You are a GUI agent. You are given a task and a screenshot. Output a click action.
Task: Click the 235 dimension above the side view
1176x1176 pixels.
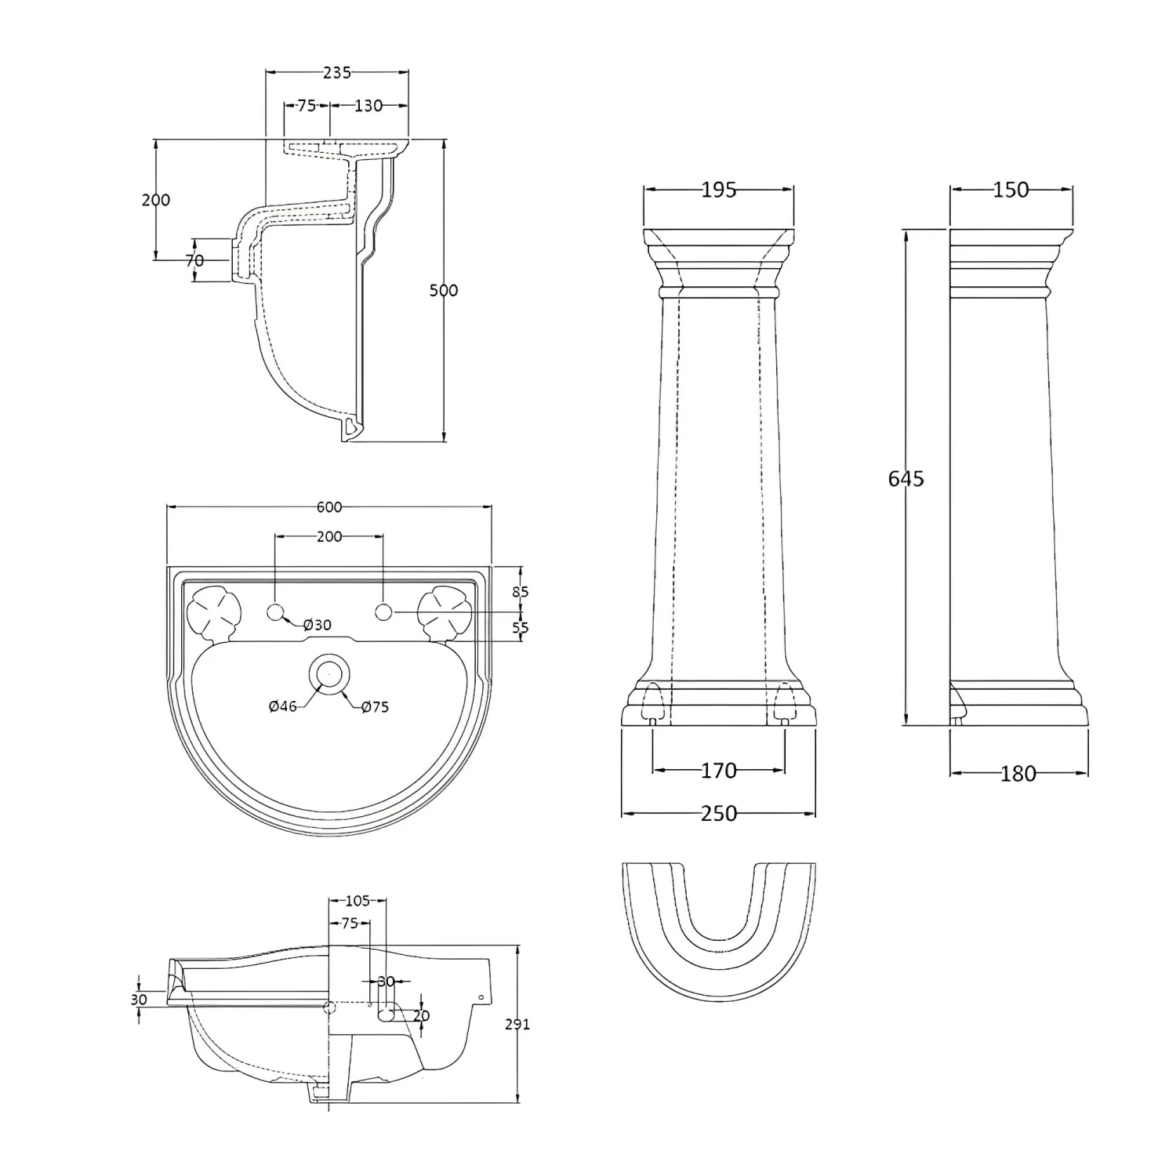click(337, 73)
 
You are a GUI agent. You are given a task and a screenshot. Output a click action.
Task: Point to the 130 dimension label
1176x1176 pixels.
click(368, 105)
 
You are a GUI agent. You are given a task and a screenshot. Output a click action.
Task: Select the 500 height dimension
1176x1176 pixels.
click(444, 290)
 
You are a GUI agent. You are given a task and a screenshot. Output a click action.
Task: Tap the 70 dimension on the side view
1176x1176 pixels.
click(194, 260)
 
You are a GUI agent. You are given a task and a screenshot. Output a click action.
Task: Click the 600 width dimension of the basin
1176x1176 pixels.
click(329, 507)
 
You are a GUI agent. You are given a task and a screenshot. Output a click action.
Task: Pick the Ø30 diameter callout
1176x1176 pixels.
click(317, 625)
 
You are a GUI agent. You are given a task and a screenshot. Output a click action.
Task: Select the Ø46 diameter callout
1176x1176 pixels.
click(282, 706)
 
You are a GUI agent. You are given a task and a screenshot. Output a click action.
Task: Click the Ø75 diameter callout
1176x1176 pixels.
click(375, 707)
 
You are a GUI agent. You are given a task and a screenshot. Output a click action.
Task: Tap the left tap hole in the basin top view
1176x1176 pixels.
click(275, 612)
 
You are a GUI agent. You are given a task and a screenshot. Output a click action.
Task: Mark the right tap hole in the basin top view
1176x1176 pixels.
click(383, 612)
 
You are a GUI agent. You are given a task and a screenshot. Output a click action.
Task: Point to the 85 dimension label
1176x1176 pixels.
click(521, 592)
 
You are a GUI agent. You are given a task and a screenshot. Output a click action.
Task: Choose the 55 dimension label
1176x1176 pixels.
click(521, 627)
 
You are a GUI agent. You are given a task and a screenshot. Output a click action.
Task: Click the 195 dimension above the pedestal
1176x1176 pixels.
click(719, 190)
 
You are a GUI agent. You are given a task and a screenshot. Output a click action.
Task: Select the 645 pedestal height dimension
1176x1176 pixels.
click(906, 478)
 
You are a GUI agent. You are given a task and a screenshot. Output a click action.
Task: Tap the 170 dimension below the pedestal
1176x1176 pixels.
click(719, 771)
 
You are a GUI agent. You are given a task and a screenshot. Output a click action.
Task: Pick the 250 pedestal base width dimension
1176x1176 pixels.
click(719, 814)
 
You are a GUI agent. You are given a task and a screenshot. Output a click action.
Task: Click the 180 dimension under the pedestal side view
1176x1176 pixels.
click(1018, 774)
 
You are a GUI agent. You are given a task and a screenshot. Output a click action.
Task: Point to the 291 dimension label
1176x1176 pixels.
click(518, 1024)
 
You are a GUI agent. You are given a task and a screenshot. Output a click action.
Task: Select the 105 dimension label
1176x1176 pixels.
click(358, 902)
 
